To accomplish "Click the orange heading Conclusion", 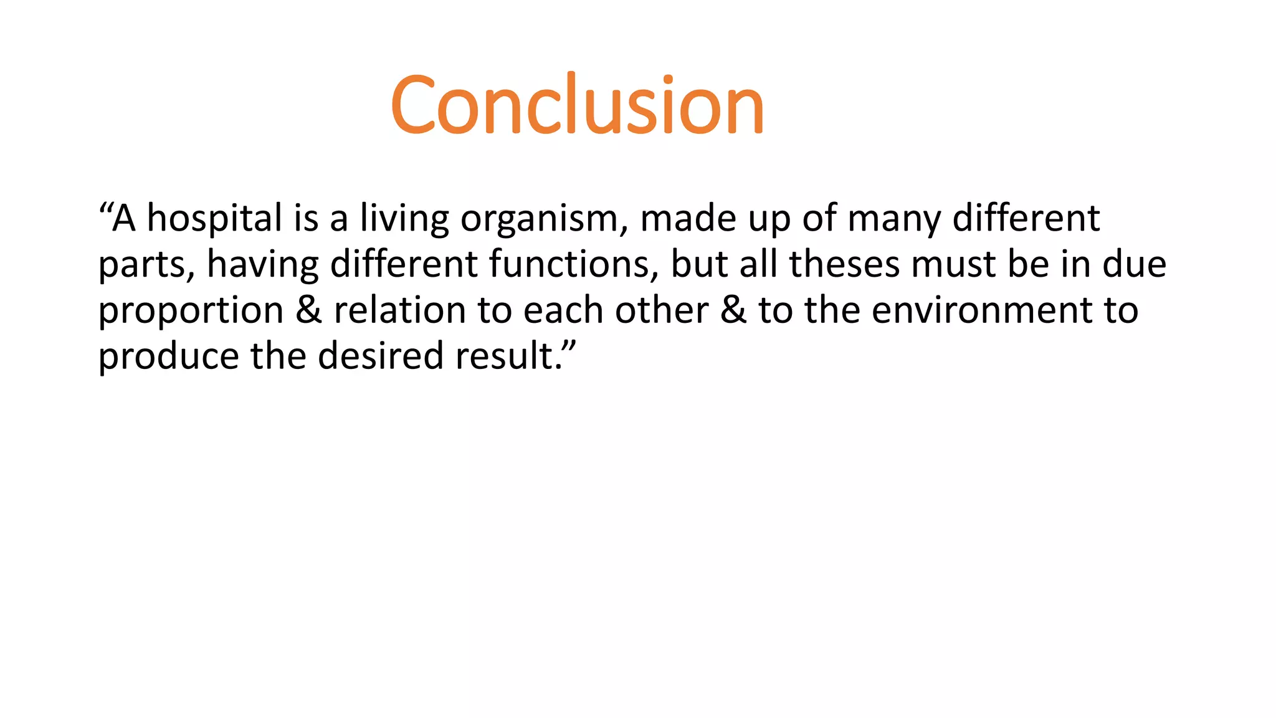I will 577,105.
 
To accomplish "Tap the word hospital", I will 214,219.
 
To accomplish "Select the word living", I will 404,219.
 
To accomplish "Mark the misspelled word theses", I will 844,264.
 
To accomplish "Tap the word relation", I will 399,310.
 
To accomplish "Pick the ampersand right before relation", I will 308,310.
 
